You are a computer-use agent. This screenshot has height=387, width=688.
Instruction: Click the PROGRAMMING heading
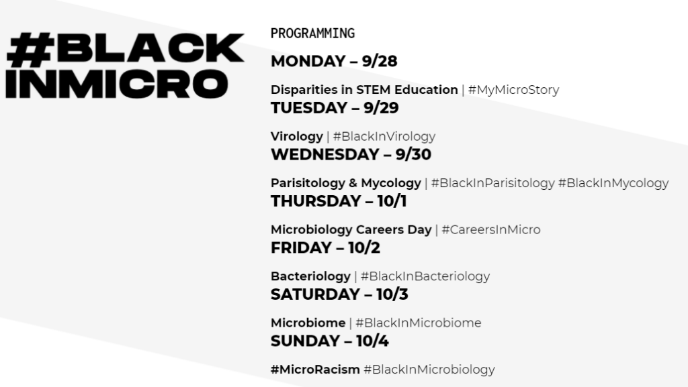[x=312, y=34]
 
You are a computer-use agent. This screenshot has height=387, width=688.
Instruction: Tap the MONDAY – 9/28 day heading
[x=334, y=61]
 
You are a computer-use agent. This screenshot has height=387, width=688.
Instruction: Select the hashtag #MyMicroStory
[x=513, y=90]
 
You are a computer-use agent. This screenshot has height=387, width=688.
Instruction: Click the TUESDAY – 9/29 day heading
[x=335, y=108]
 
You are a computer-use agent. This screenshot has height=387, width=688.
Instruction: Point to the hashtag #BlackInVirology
[x=384, y=137]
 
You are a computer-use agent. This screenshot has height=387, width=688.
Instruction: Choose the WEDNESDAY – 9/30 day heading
[x=351, y=154]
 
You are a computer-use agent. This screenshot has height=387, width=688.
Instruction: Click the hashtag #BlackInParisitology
[x=492, y=183]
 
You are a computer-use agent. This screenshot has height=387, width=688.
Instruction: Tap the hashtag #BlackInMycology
[x=613, y=183]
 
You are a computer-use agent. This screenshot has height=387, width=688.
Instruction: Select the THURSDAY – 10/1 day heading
[x=339, y=201]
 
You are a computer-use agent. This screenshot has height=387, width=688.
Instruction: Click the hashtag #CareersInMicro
[x=491, y=230]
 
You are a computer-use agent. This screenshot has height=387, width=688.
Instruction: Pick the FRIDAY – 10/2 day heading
[x=325, y=247]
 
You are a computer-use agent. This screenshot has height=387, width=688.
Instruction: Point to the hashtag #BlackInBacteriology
[x=425, y=277]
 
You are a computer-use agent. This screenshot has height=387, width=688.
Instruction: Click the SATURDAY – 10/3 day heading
[x=339, y=294]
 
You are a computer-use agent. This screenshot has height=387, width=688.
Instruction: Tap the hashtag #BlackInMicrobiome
[x=418, y=323]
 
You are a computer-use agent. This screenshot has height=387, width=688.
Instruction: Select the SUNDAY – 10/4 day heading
[x=329, y=341]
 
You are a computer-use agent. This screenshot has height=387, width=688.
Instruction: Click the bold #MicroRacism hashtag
[x=315, y=370]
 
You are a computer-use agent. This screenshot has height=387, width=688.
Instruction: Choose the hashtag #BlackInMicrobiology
[x=429, y=370]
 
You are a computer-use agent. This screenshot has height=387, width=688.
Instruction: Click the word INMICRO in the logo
[x=117, y=83]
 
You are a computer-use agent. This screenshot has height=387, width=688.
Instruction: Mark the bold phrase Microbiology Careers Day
[x=351, y=230]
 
